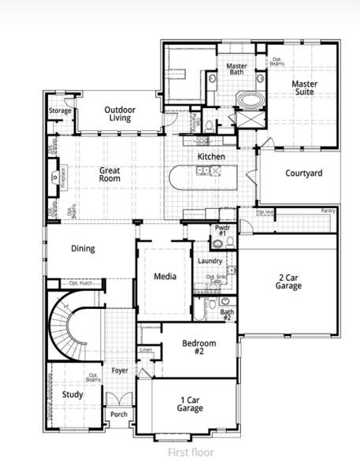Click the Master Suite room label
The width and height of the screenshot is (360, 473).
(303, 88)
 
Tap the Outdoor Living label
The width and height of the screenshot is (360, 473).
(120, 114)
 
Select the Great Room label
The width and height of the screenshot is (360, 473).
(109, 174)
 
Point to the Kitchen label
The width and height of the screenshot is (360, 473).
(211, 157)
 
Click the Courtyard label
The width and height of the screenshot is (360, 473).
(303, 173)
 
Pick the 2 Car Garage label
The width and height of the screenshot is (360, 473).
(289, 281)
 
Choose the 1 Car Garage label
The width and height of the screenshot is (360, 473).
(190, 404)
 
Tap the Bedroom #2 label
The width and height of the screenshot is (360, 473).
(199, 347)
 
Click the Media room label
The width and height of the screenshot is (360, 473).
(165, 276)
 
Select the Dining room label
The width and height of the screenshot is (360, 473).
(83, 248)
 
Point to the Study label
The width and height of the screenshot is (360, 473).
(72, 394)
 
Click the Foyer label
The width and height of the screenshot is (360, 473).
(119, 370)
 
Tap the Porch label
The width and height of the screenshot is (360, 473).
(119, 414)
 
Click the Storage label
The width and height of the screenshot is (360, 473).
(60, 111)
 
